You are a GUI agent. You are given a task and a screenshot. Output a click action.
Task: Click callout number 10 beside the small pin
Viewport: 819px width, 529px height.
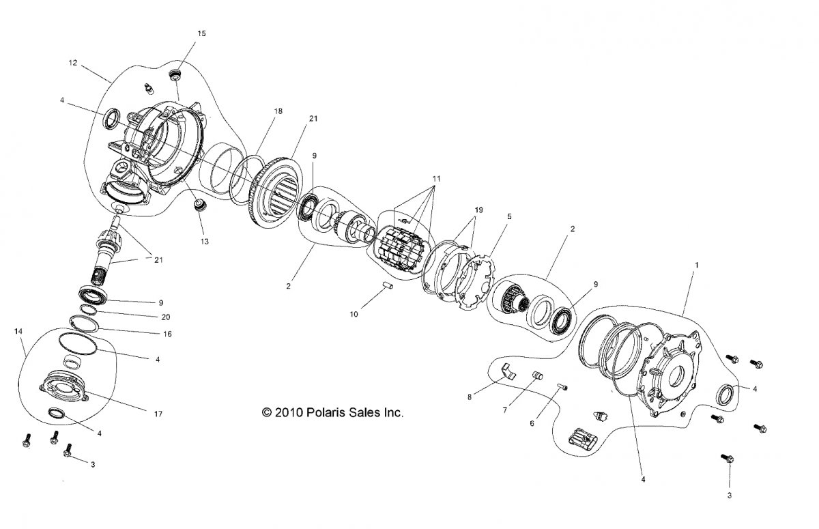click(x=354, y=314)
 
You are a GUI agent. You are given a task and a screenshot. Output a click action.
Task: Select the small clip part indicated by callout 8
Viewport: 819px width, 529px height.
click(x=508, y=371)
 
